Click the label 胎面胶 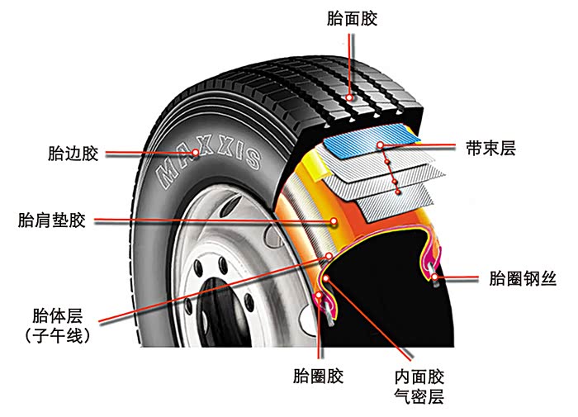point(352,19)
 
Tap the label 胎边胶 point(73,154)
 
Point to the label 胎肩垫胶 point(51,220)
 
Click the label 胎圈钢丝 point(523,278)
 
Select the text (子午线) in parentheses point(59,336)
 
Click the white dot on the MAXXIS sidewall point(196,154)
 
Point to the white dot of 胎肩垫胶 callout point(334,220)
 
